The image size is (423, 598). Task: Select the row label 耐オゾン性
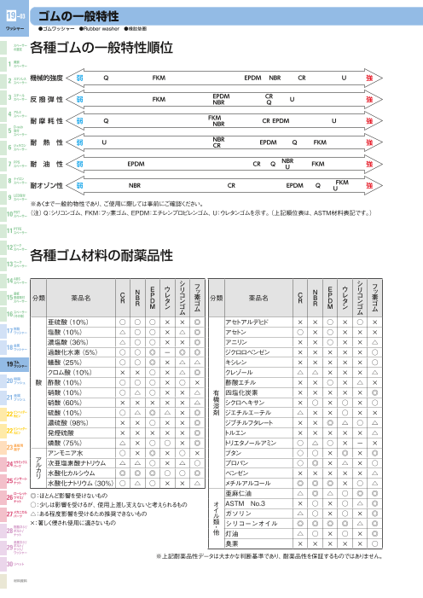point(49,184)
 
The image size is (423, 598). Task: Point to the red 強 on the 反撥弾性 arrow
point(368,100)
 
